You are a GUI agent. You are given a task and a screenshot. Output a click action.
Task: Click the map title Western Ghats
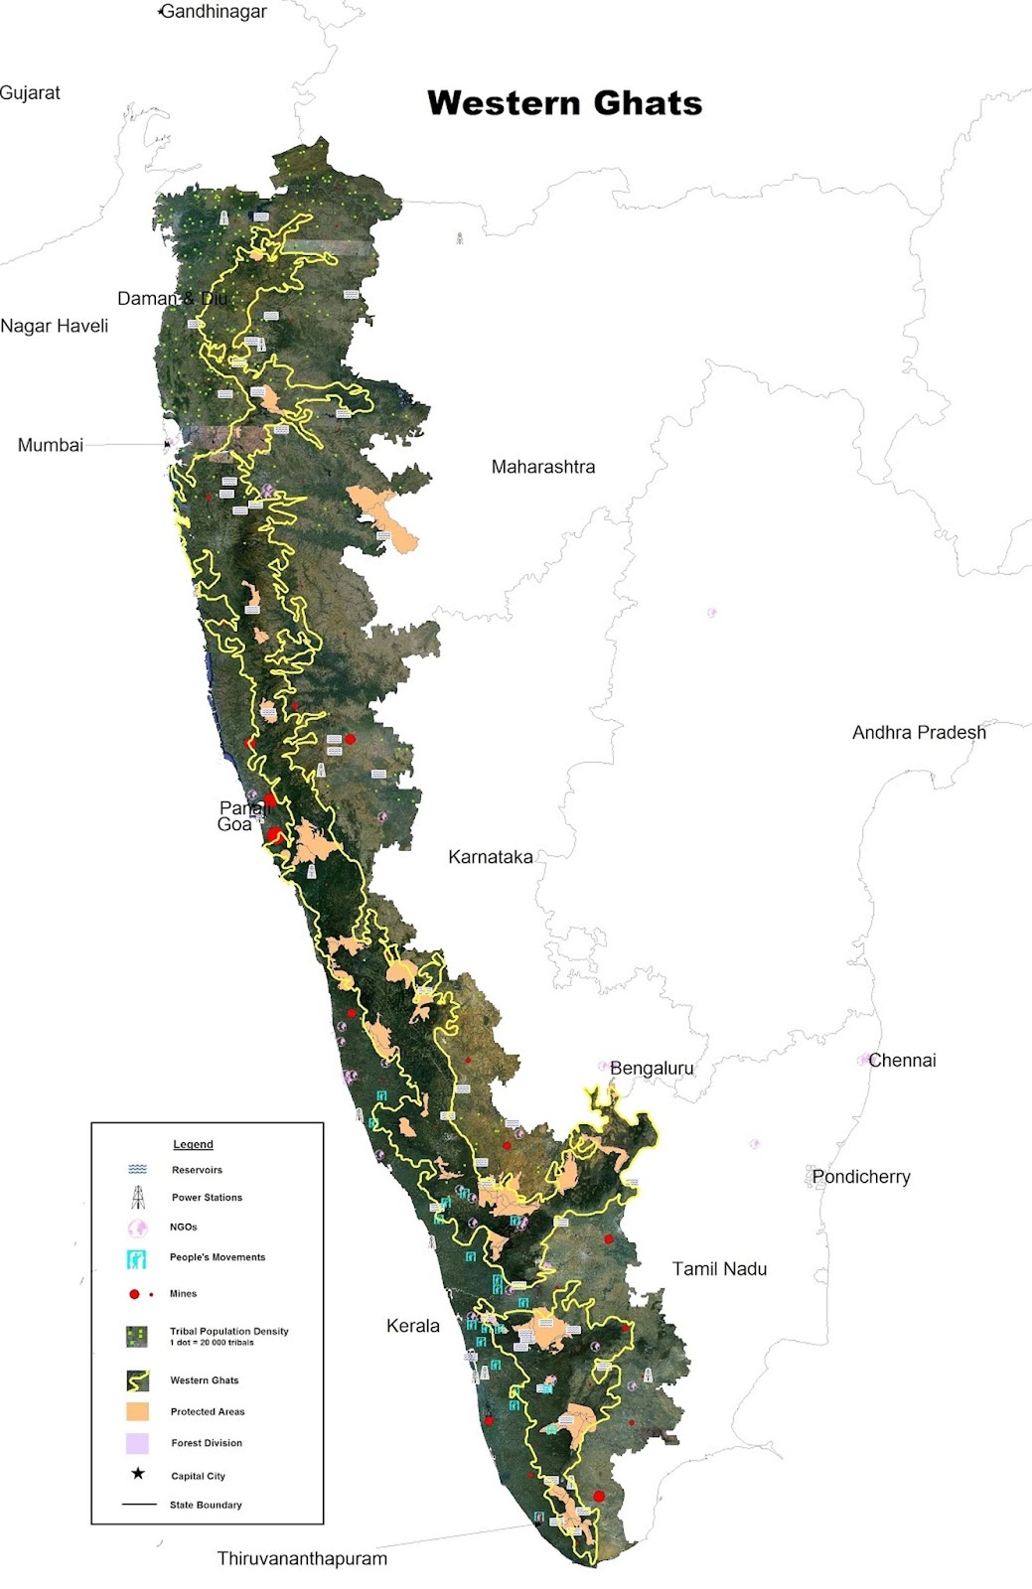click(564, 103)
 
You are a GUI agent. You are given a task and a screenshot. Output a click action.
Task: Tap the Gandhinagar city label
click(214, 12)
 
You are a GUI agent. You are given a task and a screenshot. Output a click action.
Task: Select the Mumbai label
click(51, 445)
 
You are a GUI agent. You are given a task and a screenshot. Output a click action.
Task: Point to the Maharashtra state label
click(543, 467)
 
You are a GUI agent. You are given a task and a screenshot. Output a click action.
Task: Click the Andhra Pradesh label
click(919, 732)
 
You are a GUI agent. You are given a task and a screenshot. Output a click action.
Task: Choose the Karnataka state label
click(490, 856)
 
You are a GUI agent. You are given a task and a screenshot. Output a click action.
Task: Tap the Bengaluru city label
click(652, 1068)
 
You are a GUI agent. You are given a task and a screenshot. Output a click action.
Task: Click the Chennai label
click(902, 1060)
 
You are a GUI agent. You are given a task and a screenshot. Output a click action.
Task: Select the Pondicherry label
click(861, 1176)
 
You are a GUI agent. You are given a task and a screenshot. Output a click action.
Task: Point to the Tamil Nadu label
click(719, 1268)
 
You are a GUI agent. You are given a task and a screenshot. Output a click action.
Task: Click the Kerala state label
click(412, 1325)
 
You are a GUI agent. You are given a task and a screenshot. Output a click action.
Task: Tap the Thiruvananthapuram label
click(302, 1558)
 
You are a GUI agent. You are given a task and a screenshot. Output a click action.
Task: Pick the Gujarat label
click(30, 92)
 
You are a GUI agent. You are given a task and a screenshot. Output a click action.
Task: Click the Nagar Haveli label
click(54, 326)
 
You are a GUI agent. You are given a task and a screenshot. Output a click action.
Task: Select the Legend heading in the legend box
click(193, 1144)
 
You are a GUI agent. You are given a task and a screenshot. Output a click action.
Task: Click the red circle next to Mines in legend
click(134, 1294)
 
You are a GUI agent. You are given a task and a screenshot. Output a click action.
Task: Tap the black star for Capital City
click(138, 1474)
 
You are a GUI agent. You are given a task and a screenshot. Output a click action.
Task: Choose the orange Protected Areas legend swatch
click(137, 1411)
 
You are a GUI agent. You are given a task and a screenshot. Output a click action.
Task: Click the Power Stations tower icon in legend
click(138, 1197)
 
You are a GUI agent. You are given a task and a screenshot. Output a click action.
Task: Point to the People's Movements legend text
click(218, 1257)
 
